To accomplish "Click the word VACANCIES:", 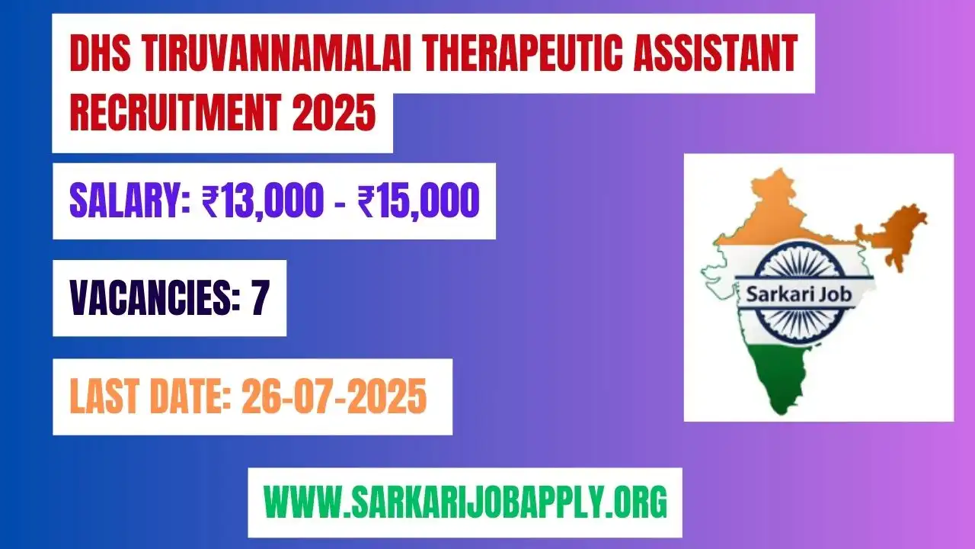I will coord(152,298).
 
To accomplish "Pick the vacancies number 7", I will coord(260,298).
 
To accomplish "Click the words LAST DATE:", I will coord(149,397).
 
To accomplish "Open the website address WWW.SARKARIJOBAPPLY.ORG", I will coord(465,502).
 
